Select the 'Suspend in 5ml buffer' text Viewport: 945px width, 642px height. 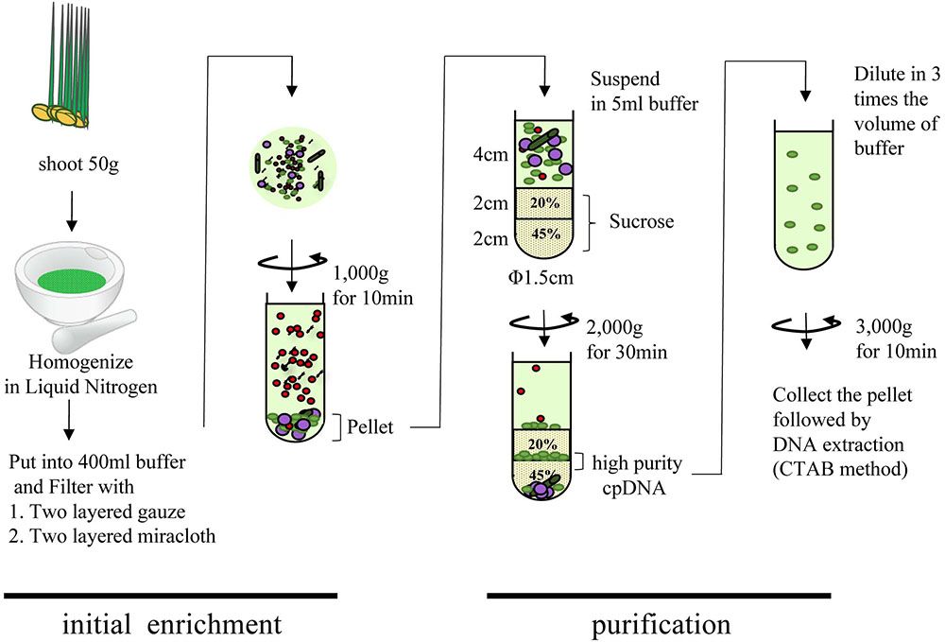(643, 92)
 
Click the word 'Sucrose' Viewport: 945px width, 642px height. (642, 221)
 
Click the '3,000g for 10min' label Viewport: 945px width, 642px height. (894, 340)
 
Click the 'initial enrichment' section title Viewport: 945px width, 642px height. (171, 624)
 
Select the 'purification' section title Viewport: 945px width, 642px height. (661, 624)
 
